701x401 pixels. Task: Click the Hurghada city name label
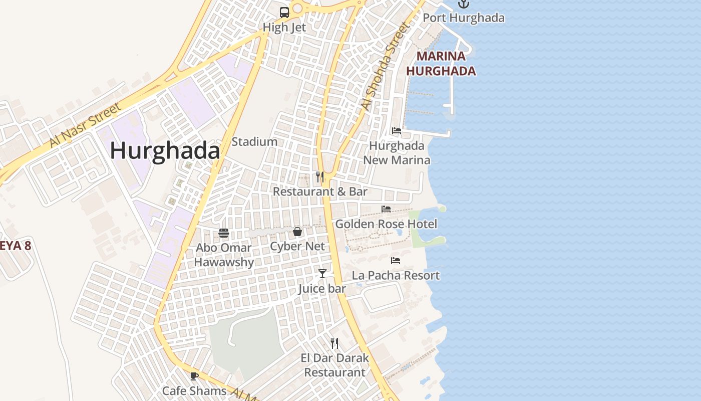165,150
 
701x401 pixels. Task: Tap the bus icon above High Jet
284,13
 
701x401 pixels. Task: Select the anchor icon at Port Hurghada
464,4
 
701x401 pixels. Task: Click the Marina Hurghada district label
441,64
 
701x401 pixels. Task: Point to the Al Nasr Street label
86,125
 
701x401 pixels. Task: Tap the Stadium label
254,142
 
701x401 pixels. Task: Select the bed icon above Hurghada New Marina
397,131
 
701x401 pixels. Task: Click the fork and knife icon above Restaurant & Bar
320,176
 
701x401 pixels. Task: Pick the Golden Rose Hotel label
386,224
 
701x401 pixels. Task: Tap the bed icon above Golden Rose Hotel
386,209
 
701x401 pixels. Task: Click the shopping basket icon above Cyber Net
297,232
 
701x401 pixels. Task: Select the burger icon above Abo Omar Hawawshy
224,233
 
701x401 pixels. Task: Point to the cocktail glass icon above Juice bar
322,274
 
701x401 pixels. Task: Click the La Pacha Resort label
396,275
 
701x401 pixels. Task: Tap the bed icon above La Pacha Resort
396,261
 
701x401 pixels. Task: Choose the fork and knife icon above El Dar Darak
334,343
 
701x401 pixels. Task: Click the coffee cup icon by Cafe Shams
194,376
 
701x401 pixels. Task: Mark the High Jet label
284,28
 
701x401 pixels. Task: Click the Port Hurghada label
464,18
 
